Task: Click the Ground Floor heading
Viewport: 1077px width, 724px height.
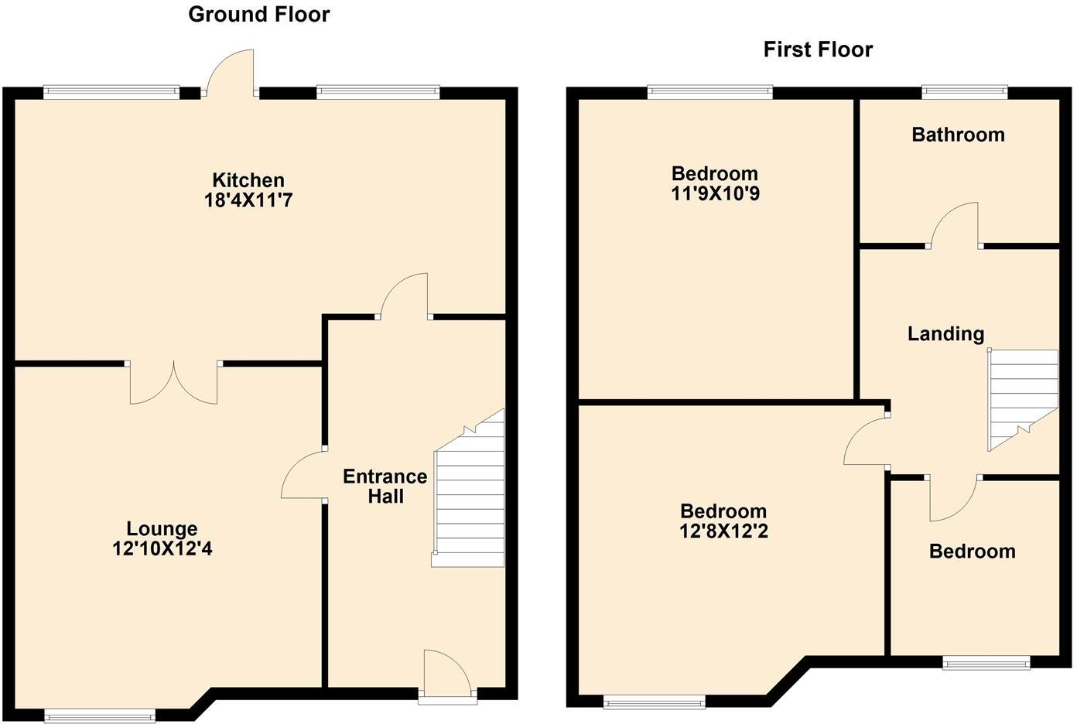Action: (258, 15)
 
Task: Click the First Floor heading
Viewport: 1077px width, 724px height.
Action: (818, 50)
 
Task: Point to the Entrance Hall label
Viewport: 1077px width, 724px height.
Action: (385, 486)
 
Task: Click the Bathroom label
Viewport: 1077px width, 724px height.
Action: (958, 135)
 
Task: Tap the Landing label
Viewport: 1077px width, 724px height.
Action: (945, 333)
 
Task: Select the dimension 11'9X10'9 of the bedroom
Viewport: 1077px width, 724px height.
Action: (715, 193)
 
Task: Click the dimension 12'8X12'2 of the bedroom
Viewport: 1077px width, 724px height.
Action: (723, 531)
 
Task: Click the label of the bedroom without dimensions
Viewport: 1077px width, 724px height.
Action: (972, 552)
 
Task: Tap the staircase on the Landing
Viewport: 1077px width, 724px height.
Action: (1021, 398)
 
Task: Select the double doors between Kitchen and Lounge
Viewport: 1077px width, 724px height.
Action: (174, 381)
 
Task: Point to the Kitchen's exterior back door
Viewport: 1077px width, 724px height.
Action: (231, 74)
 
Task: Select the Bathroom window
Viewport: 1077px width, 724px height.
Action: (965, 92)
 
